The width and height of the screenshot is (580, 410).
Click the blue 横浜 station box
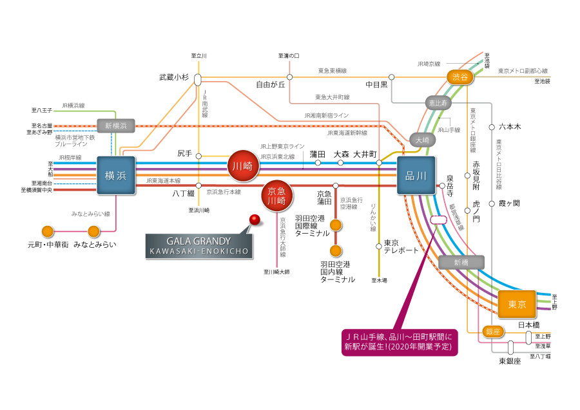pyautogui.click(x=116, y=175)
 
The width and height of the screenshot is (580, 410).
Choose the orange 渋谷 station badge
pyautogui.click(x=461, y=77)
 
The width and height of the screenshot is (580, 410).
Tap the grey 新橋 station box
pyautogui.click(x=460, y=262)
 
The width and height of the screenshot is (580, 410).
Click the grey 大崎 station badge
pyautogui.click(x=421, y=139)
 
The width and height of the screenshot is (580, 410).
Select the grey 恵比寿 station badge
pyautogui.click(x=440, y=102)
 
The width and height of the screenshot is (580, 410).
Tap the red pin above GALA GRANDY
pyautogui.click(x=255, y=220)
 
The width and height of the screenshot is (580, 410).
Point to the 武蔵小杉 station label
pyautogui.click(x=174, y=77)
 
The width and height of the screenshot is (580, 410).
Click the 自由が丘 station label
pyautogui.click(x=271, y=84)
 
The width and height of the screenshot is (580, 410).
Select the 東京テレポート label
pyautogui.click(x=401, y=247)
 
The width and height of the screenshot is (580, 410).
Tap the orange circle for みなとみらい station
pyautogui.click(x=94, y=232)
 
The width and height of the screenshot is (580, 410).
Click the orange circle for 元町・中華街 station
pyautogui.click(x=47, y=232)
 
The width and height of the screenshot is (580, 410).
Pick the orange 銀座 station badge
pyautogui.click(x=492, y=331)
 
